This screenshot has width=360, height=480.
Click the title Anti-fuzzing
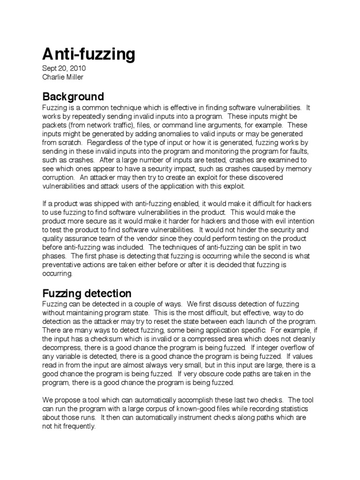(x=89, y=54)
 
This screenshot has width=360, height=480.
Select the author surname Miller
(x=75, y=76)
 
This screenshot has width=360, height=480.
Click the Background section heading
(x=73, y=97)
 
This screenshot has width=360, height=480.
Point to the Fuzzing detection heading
(x=87, y=293)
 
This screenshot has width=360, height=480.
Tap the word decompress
(x=63, y=347)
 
